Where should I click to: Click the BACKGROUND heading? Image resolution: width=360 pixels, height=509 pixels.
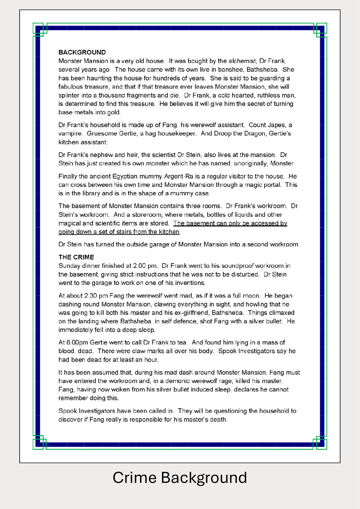82,52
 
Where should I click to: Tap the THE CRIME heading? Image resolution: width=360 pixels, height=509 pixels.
76,257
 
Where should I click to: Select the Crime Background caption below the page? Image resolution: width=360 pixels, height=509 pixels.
180,477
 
